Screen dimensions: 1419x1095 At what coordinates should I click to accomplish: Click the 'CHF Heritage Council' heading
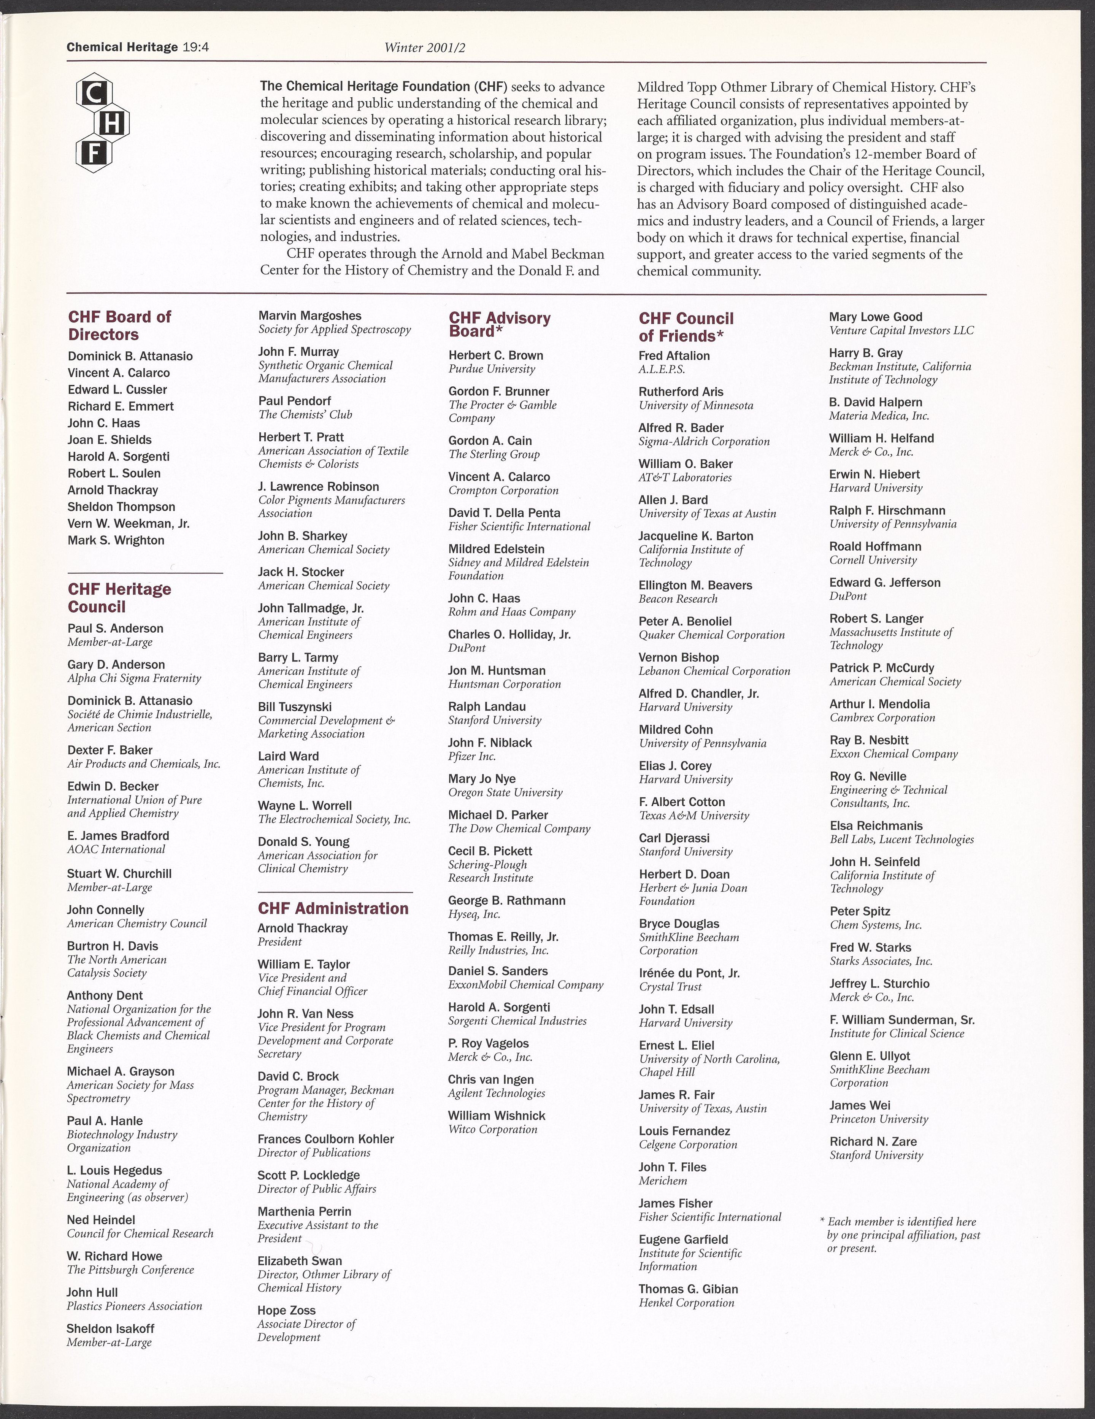[119, 598]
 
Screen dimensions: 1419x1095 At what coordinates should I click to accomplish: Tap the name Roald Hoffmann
[875, 546]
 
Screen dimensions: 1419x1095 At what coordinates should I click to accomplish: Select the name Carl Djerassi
[674, 838]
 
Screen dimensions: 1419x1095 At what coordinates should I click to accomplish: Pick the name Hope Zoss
[287, 1311]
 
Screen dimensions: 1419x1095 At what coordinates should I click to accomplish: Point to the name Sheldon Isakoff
[111, 1329]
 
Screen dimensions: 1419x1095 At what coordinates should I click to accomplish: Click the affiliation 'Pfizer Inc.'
[472, 756]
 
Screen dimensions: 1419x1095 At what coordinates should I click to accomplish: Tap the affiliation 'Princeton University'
[879, 1119]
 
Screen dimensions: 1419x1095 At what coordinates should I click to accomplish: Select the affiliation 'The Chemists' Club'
[296, 414]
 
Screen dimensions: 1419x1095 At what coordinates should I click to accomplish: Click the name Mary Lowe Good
[875, 317]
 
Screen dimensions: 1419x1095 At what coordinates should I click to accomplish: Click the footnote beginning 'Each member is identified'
[903, 1235]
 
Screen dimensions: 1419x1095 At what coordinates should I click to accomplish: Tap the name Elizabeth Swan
[300, 1261]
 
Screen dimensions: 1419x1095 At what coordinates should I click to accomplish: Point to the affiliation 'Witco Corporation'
[493, 1129]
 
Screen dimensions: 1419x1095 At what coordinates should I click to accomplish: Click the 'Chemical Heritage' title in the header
[122, 48]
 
